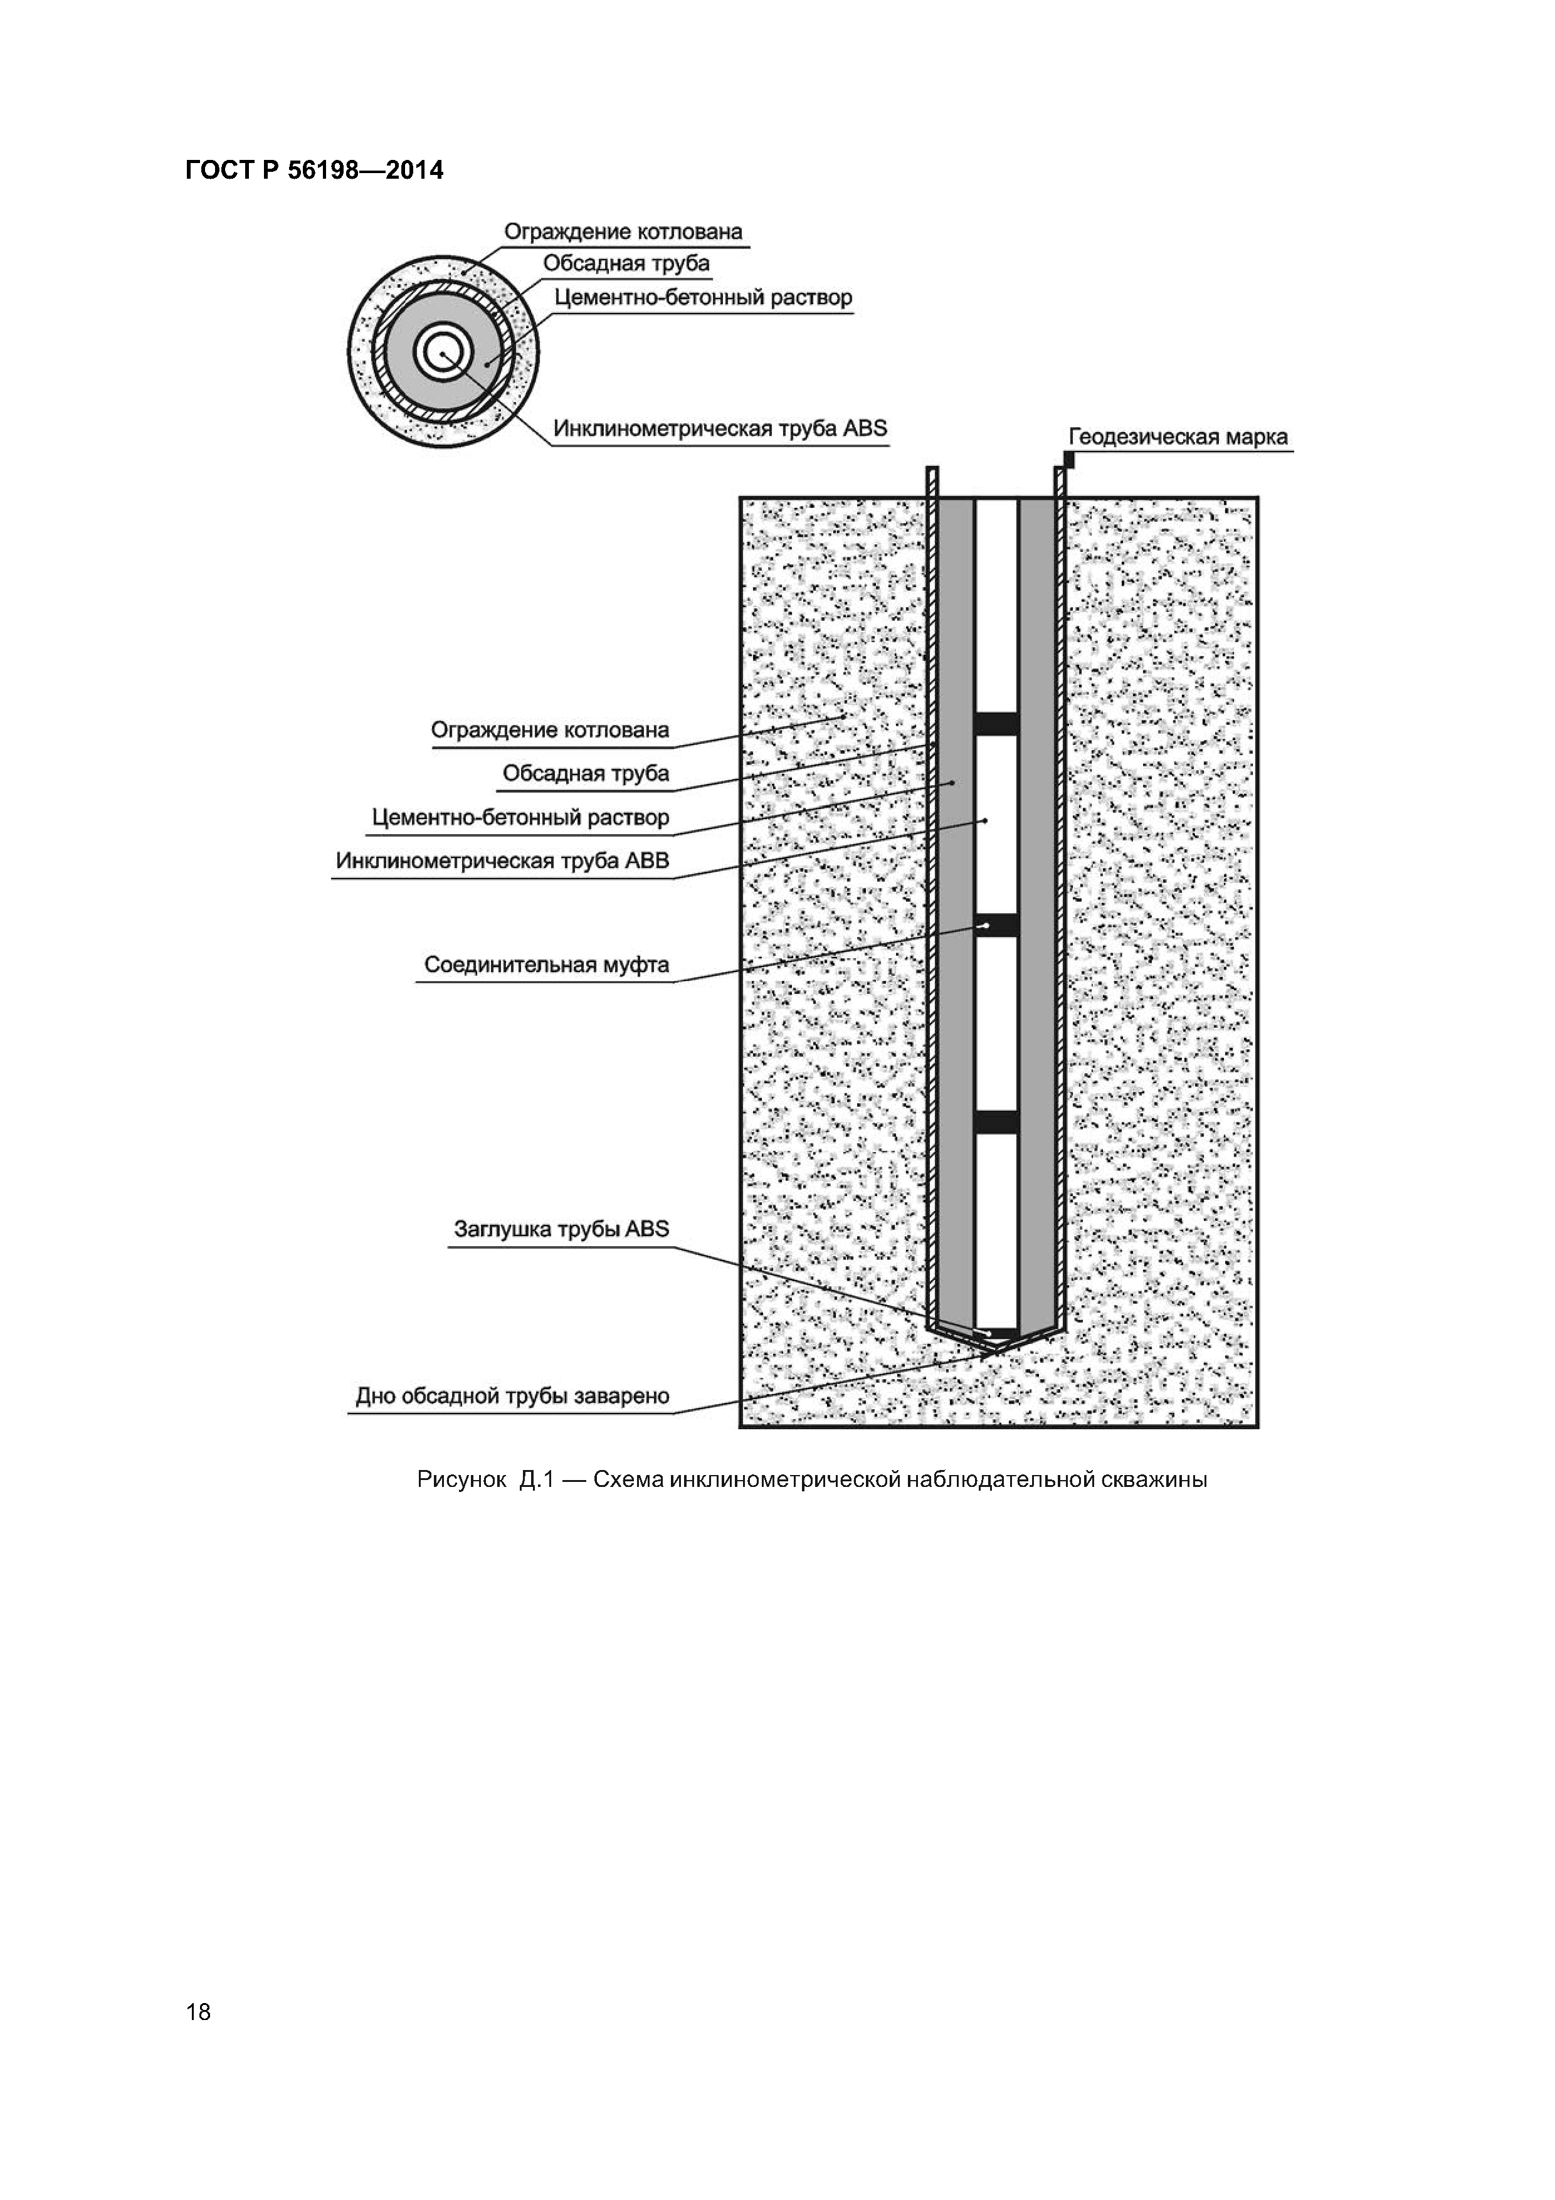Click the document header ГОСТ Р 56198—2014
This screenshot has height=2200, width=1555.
(x=314, y=171)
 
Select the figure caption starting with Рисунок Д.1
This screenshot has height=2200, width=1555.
(x=811, y=1479)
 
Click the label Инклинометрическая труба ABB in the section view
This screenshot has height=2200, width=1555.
(x=502, y=860)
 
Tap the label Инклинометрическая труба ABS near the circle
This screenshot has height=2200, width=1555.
(x=720, y=428)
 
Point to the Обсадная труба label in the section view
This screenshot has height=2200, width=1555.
(x=586, y=773)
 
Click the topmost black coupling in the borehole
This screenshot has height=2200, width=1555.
(x=996, y=724)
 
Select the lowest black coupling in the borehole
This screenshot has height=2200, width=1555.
(x=996, y=1121)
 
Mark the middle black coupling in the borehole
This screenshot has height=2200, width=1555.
(x=996, y=924)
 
